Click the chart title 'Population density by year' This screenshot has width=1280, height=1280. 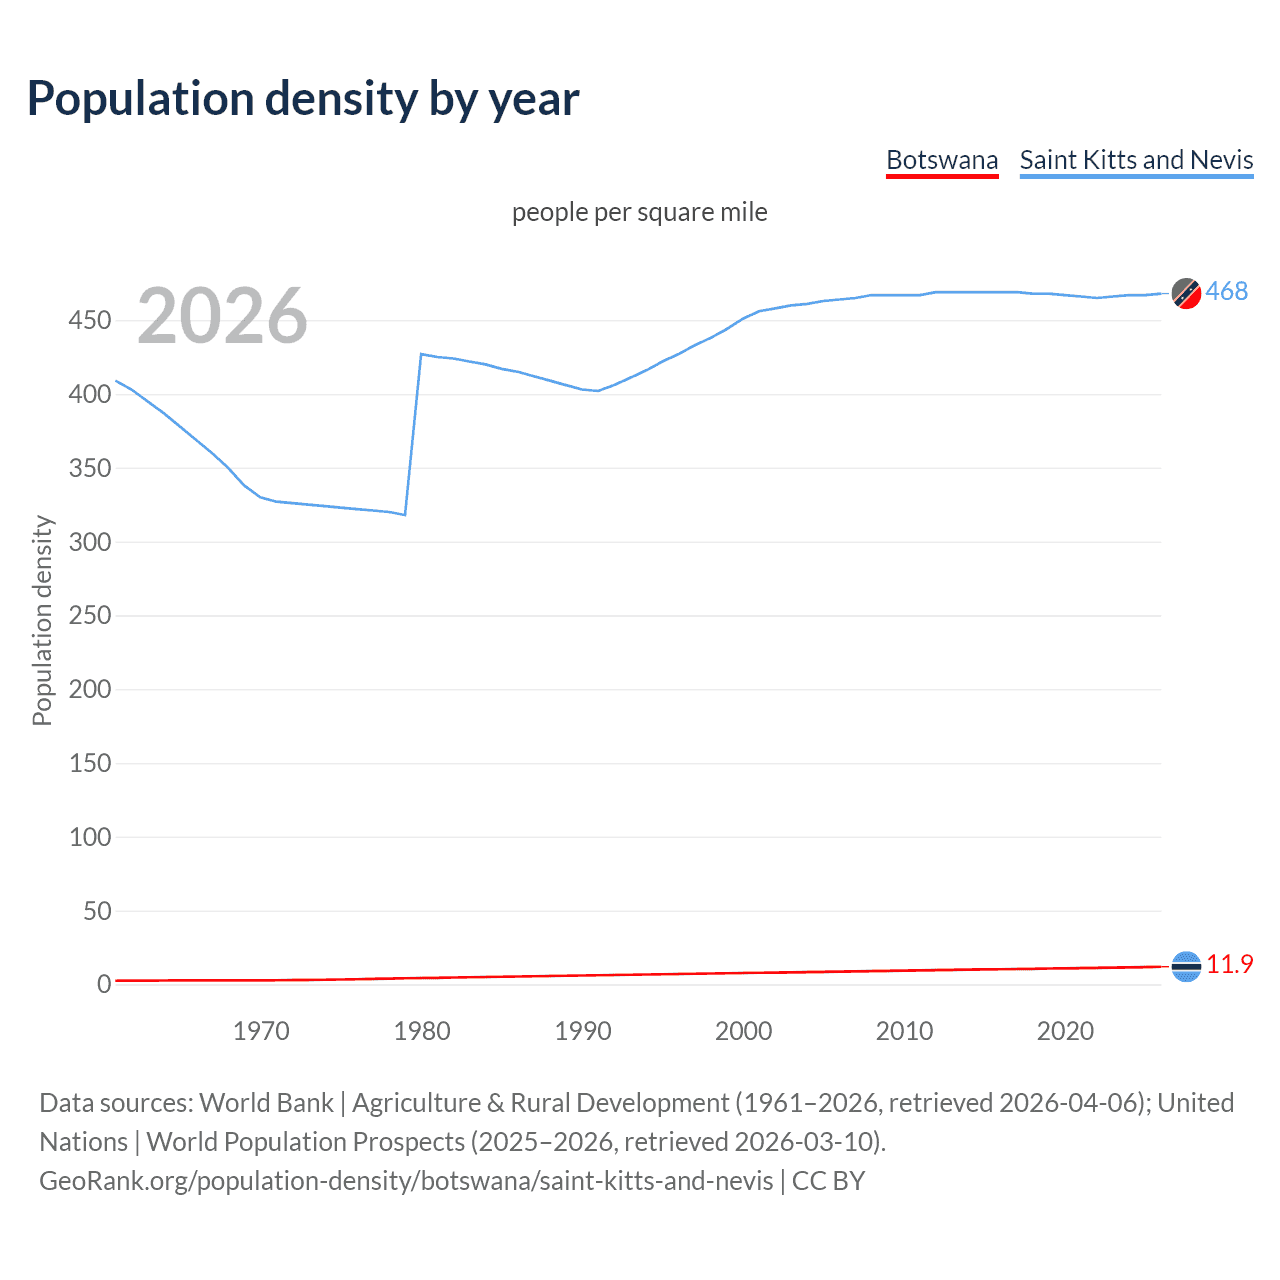point(303,99)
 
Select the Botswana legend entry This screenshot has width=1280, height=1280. point(942,160)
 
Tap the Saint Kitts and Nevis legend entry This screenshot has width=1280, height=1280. point(1136,160)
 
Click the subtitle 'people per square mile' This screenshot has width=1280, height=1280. point(639,212)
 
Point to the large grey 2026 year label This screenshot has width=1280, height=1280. point(222,316)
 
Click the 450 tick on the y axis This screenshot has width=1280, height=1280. point(90,321)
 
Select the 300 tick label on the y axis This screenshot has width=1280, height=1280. point(90,542)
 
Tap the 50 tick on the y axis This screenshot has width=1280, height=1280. point(97,911)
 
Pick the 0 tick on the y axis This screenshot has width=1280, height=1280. point(104,985)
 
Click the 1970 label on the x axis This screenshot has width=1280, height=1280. point(261,1031)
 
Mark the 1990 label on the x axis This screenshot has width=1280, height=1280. point(583,1031)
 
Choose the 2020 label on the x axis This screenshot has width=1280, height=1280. point(1065,1031)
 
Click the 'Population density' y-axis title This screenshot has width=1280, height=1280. point(42,620)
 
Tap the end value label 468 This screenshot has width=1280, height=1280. point(1227,291)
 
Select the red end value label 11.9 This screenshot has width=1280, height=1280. point(1229,964)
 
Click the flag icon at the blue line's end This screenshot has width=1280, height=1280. point(1186,293)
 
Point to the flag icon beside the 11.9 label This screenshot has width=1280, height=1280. point(1186,966)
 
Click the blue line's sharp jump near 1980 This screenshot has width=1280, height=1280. point(413,435)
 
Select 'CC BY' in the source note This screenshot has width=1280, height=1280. point(828,1181)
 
